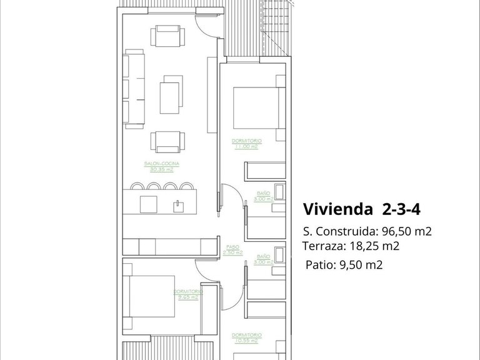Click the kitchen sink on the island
click(x=180, y=204)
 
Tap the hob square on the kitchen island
click(x=148, y=204)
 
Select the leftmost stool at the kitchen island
click(x=137, y=186)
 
